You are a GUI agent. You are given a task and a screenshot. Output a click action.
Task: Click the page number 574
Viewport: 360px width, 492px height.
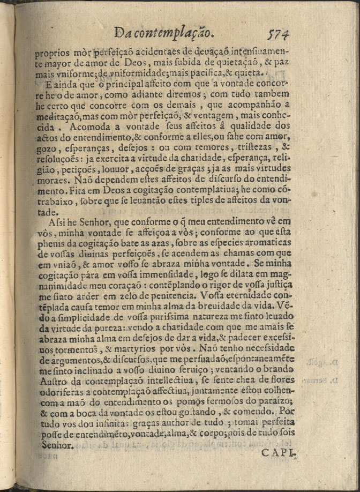pyautogui.click(x=279, y=34)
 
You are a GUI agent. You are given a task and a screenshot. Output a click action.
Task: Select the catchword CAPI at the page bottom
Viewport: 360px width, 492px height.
pyautogui.click(x=278, y=453)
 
